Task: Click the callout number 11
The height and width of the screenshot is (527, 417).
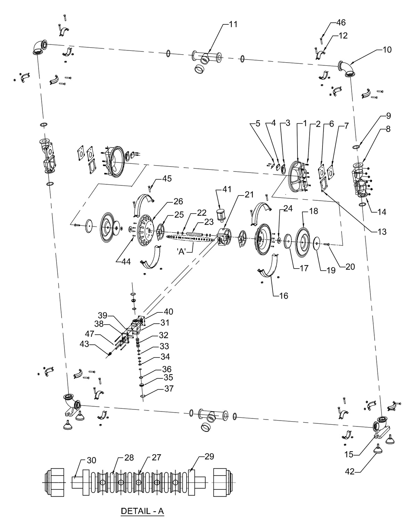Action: point(233,24)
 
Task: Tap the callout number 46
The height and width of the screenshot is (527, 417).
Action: point(341,23)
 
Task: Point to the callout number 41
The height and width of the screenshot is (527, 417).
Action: point(227,189)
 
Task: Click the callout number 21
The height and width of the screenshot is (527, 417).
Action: point(249,194)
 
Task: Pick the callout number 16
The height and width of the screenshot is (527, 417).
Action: point(283,296)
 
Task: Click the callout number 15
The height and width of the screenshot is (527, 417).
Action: point(349,454)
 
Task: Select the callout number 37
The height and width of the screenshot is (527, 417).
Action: point(169,389)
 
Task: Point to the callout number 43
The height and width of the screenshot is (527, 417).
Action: point(84,344)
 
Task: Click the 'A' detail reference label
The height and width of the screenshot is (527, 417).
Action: point(182,251)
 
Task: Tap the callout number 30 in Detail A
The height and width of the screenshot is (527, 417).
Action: point(91,460)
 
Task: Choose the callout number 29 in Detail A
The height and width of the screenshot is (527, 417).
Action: point(209,456)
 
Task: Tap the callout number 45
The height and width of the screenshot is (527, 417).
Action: point(167,178)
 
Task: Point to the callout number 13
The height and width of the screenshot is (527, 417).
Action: point(382,231)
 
